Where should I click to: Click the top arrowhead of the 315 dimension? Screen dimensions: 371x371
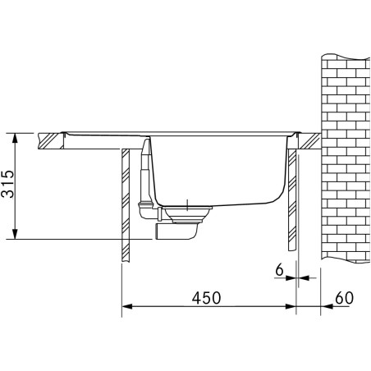pos(15,135)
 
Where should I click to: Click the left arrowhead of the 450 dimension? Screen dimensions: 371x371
pos(126,309)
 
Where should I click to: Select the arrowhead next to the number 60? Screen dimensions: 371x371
pos(327,309)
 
